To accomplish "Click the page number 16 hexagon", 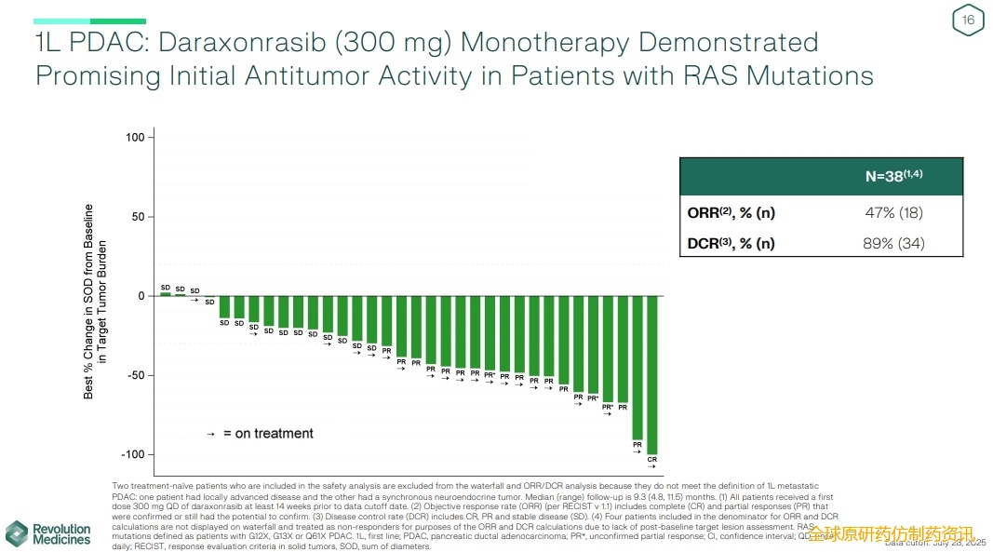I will (x=968, y=20).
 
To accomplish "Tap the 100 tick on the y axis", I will (x=136, y=138).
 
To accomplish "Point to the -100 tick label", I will (x=132, y=454).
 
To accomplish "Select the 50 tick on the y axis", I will (x=139, y=217).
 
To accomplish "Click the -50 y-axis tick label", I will (x=135, y=375).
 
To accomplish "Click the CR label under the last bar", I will (x=652, y=460).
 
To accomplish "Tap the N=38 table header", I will (x=893, y=176).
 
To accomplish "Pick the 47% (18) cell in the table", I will (x=893, y=212).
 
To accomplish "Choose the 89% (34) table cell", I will (x=893, y=244).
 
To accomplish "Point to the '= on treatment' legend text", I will (x=268, y=434).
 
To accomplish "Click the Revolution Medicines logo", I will (x=48, y=533).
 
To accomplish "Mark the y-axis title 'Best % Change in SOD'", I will (x=89, y=301).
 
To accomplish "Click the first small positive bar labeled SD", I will (x=166, y=294).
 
